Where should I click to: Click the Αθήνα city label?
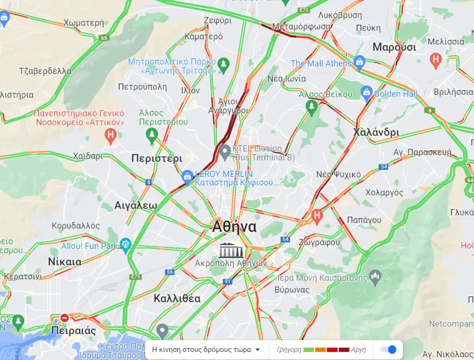[x=234, y=227]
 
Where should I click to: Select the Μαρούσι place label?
[x=394, y=47]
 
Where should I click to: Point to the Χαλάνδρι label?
[x=377, y=132]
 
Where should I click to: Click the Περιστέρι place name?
[x=157, y=158]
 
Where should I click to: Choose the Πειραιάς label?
[x=74, y=330]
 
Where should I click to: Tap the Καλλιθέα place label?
[x=177, y=298]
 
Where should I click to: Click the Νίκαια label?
[x=65, y=262]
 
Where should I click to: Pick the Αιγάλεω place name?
[x=136, y=205]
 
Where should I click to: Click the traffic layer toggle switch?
[x=388, y=350]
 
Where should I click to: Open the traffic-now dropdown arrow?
[x=257, y=350]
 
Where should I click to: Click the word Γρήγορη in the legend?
[x=289, y=350]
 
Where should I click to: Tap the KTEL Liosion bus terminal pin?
[x=225, y=149]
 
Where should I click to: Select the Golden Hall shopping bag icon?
[x=367, y=93]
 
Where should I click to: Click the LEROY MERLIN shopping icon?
[x=187, y=176]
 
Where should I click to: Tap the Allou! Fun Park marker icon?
[x=126, y=245]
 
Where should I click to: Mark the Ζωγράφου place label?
[x=321, y=243]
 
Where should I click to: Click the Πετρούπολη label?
[x=143, y=86]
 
